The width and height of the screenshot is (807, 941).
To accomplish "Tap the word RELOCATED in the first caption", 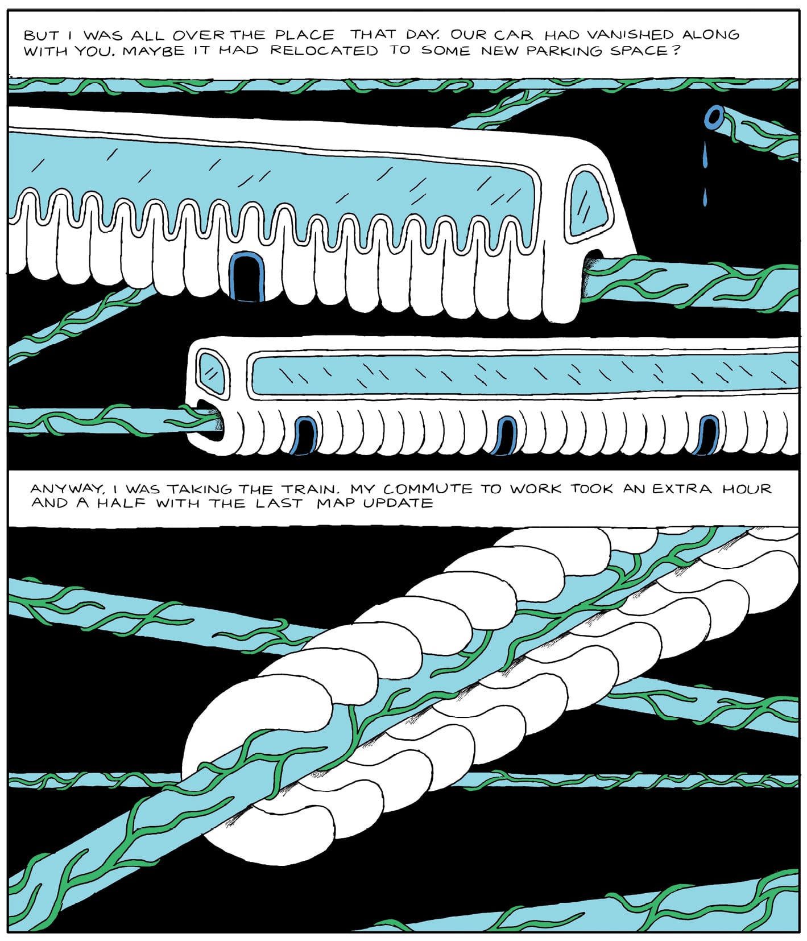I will click(x=324, y=51).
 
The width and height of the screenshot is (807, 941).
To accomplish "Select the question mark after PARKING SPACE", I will click(x=677, y=50).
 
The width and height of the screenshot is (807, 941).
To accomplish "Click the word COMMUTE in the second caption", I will click(x=428, y=489).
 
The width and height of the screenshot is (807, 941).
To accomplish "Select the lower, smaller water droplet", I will click(x=705, y=197).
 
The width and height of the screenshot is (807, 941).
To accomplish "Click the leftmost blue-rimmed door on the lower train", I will click(x=304, y=436).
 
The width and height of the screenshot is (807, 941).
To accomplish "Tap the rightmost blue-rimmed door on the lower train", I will click(x=707, y=436).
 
